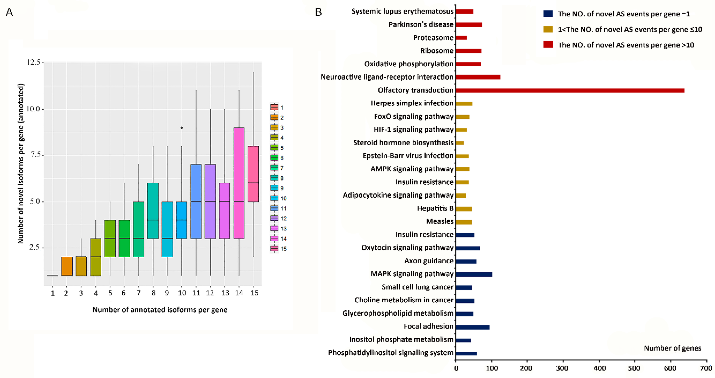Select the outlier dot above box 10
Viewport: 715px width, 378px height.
pos(182,128)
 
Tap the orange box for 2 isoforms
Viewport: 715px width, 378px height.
pos(67,266)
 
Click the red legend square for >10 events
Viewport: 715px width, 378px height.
pos(548,45)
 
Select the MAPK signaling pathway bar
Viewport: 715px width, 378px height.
pos(474,274)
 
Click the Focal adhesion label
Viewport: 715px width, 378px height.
pos(428,326)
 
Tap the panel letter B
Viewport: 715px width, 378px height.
pos(318,12)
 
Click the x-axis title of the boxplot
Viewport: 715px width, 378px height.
pos(160,310)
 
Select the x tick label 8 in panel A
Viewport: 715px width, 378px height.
pos(153,293)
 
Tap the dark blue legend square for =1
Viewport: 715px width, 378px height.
pos(548,14)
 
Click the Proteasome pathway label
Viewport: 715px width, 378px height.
pos(433,38)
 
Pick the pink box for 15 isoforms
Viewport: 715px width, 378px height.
pos(253,174)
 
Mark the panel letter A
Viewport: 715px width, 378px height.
pos(9,12)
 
